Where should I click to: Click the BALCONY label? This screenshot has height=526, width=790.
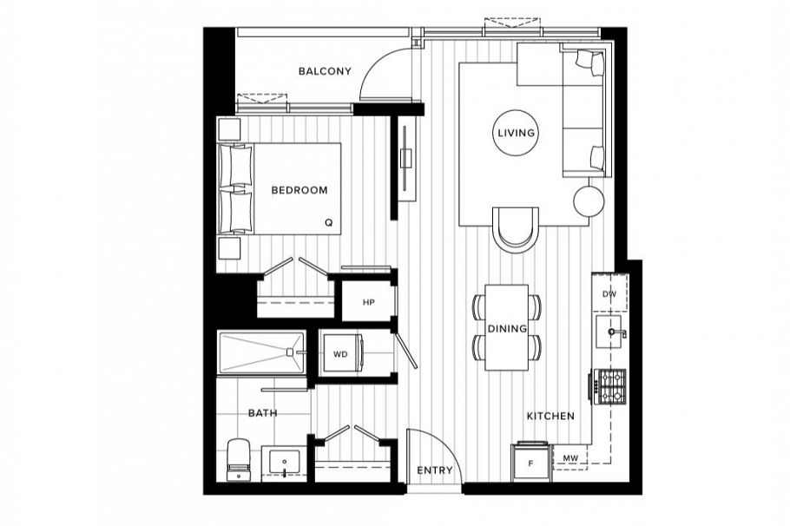tap(325, 71)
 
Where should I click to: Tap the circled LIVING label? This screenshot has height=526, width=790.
tap(516, 134)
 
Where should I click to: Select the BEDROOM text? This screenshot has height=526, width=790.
tap(299, 190)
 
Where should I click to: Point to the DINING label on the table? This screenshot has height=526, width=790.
tap(507, 329)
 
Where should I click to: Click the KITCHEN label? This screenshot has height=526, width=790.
tap(550, 417)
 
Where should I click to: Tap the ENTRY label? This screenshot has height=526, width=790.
tap(435, 470)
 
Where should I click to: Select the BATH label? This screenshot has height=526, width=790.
tap(262, 413)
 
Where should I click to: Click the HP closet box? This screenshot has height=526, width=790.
tap(367, 302)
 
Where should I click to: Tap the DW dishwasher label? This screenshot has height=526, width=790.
tap(609, 295)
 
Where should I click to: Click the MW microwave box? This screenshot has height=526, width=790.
tap(570, 457)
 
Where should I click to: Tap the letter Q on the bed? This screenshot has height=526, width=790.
tap(328, 222)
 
